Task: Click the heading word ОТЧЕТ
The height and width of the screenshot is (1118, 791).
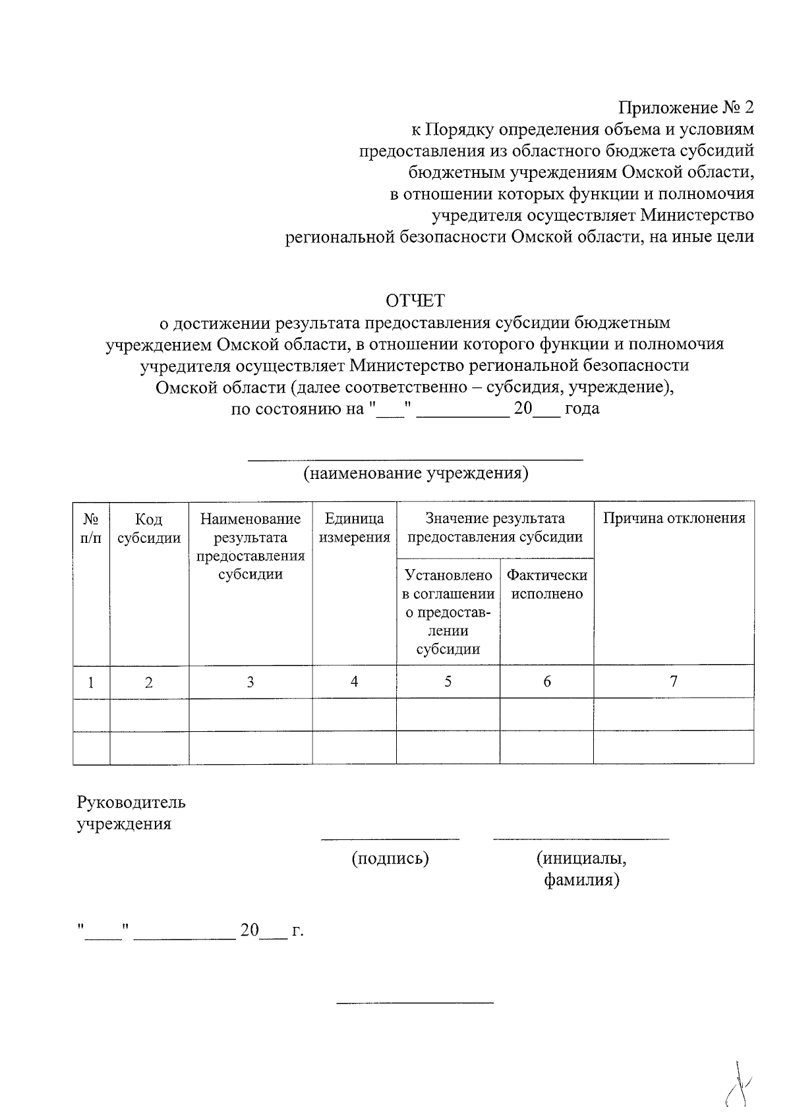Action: click(415, 301)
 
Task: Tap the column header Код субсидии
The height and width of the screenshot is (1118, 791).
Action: click(149, 529)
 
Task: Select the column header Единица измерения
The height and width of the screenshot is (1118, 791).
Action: click(355, 528)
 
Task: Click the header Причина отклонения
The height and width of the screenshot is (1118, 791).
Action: click(674, 518)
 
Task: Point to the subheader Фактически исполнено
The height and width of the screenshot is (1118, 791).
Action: click(546, 584)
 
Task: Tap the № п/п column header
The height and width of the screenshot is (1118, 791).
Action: click(91, 528)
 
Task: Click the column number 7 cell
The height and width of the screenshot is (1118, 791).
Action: click(674, 681)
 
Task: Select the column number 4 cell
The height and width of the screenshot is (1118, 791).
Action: click(355, 682)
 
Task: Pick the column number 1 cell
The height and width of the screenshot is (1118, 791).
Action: click(91, 683)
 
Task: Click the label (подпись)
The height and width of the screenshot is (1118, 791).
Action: click(390, 858)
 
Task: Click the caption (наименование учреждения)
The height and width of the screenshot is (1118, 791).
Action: click(415, 473)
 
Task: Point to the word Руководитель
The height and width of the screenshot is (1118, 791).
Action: click(131, 802)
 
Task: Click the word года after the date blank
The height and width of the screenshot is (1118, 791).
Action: click(582, 408)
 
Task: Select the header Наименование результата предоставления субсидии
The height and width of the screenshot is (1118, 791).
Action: click(250, 546)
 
